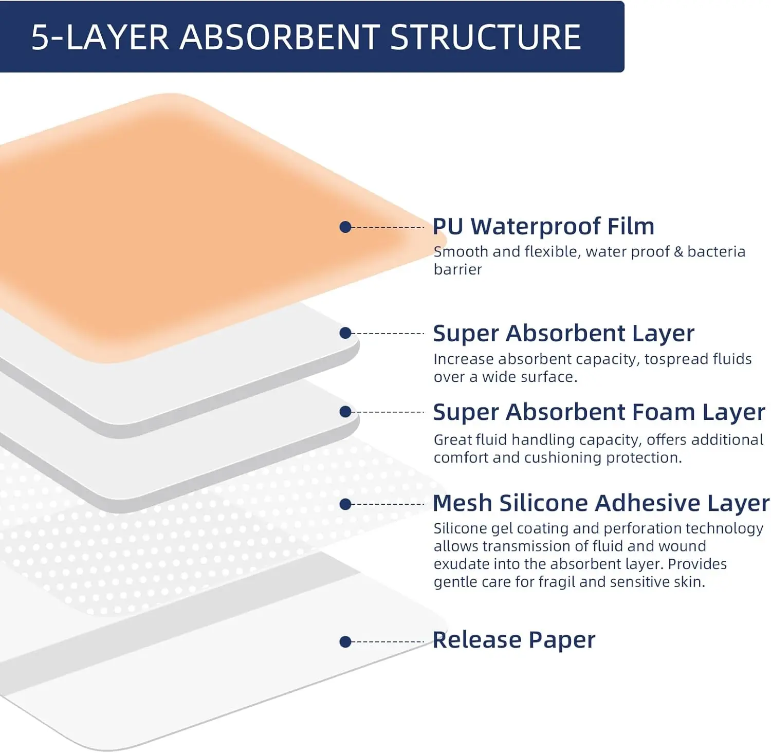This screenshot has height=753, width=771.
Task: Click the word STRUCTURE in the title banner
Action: point(485,38)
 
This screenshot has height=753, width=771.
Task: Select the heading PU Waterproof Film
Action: point(543,227)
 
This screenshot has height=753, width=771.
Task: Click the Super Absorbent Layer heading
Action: point(563,334)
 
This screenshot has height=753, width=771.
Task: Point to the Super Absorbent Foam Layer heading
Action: point(599,412)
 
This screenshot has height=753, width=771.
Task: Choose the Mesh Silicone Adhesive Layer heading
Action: point(601,503)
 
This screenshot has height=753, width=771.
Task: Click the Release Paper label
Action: point(514,640)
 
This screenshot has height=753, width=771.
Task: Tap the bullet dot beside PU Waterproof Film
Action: point(345,227)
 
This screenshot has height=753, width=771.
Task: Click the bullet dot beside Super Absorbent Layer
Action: point(345,333)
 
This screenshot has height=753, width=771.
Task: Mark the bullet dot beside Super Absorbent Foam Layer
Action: point(345,412)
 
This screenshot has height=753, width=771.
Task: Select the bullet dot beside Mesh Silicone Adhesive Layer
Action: point(345,504)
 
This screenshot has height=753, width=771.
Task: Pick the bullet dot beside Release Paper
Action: point(345,641)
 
